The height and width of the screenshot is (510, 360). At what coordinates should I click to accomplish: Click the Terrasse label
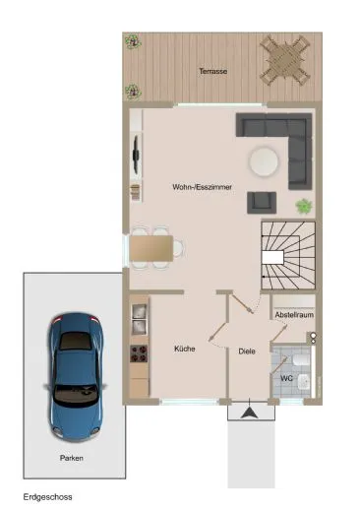[212, 73]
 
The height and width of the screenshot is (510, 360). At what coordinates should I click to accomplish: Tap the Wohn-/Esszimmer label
[202, 186]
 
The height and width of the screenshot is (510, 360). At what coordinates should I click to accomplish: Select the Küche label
[184, 349]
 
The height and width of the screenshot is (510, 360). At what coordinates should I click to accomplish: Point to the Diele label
[247, 350]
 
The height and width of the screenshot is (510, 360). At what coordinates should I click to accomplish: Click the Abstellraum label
[292, 315]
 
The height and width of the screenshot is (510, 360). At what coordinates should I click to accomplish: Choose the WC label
[286, 377]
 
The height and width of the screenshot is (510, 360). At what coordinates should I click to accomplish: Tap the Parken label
[71, 458]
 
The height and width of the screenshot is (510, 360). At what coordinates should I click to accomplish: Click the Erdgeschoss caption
[47, 497]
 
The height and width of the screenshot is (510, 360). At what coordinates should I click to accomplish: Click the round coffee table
[263, 159]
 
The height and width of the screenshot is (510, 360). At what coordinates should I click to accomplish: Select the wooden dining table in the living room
[151, 246]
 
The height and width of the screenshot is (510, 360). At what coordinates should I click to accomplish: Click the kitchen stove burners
[139, 353]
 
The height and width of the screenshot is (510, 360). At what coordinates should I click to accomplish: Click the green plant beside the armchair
[304, 206]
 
